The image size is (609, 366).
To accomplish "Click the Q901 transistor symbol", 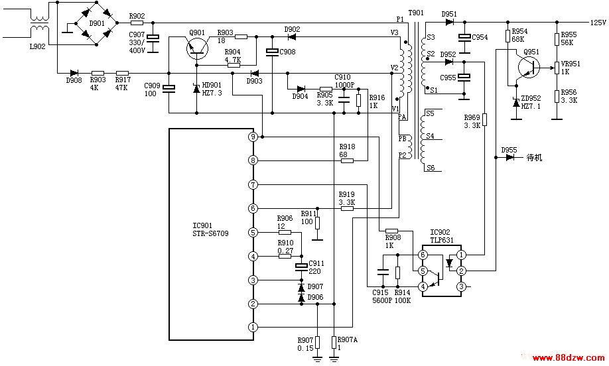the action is (x=197, y=48).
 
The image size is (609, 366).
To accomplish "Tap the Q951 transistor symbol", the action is (x=529, y=67).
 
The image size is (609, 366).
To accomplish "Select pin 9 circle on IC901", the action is (x=253, y=137).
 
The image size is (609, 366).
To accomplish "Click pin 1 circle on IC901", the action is (x=253, y=327).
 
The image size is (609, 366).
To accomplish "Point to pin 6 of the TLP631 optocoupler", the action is (x=423, y=255).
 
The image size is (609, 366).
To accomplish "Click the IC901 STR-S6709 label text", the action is (x=210, y=229).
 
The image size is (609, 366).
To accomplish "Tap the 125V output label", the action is (x=598, y=23).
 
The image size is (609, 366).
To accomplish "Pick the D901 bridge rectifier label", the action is (x=97, y=23).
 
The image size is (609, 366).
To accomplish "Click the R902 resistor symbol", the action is (x=137, y=23).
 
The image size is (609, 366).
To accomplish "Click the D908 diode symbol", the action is (x=74, y=73).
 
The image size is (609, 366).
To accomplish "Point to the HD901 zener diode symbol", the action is (x=196, y=89).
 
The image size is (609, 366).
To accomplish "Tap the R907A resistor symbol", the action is (x=334, y=342).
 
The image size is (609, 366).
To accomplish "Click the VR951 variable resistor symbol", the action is (x=557, y=68).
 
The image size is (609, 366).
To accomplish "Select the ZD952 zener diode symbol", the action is (x=516, y=103).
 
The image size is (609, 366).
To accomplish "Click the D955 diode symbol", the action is (x=510, y=157).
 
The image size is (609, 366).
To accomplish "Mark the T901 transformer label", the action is (x=416, y=13).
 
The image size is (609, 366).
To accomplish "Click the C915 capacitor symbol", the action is (x=383, y=272).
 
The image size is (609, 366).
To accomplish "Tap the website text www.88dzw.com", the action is (x=567, y=357).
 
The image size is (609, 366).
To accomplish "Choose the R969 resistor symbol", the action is (x=484, y=120).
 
